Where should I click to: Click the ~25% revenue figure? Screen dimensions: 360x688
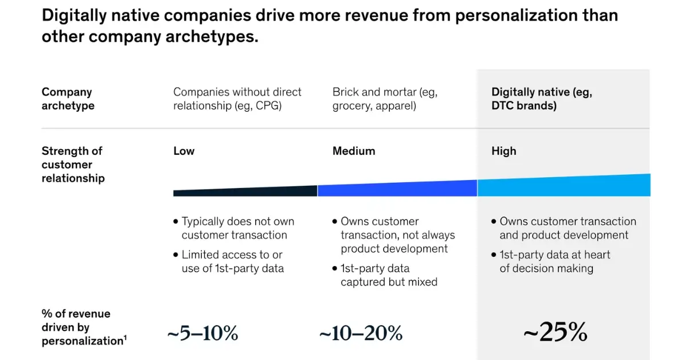[x=555, y=332]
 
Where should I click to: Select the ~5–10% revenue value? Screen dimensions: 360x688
[x=202, y=333]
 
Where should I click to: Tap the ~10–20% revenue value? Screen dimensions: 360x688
[x=361, y=333]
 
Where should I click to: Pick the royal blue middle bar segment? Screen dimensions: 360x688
[x=397, y=189]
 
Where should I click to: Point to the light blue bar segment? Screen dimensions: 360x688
[x=564, y=186]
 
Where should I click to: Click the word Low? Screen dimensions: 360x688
[x=183, y=151]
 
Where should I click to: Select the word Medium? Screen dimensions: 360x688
[x=354, y=151]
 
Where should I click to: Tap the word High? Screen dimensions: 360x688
[x=503, y=151]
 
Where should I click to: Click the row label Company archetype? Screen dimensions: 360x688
[x=68, y=99]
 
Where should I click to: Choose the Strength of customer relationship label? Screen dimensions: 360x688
[x=73, y=165]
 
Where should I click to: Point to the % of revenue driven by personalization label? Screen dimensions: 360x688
[x=83, y=327]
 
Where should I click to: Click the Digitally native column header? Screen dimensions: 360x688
[x=541, y=99]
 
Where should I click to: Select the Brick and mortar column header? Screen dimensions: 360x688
[x=385, y=99]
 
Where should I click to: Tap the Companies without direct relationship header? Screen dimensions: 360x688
[x=237, y=99]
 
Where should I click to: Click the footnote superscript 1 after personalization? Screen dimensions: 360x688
[x=125, y=338]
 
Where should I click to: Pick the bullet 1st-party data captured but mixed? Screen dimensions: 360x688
[x=389, y=275]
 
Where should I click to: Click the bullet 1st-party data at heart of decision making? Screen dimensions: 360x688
[x=554, y=261]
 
